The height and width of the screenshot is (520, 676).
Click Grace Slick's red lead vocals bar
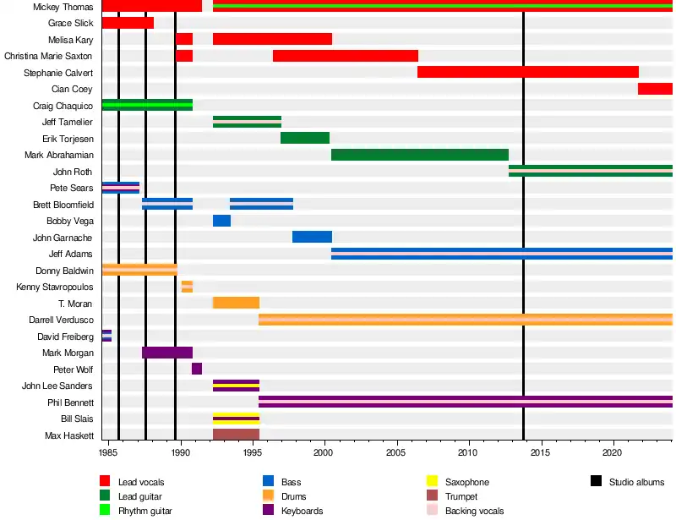pos(128,23)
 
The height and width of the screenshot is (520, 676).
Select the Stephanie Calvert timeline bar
pos(528,72)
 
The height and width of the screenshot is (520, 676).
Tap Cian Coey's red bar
pos(655,89)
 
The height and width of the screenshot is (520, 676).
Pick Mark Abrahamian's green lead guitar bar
pos(420,155)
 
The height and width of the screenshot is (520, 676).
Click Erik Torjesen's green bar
pos(305,138)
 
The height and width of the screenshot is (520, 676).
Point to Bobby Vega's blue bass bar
pos(221,221)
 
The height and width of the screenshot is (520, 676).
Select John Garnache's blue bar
pos(312,237)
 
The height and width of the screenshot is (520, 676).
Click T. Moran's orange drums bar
pos(236,303)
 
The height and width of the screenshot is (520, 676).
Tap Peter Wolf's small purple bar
pos(197,369)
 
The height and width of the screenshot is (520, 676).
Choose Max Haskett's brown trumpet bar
pos(236,435)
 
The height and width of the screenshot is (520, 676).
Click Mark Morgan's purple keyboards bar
pos(167,353)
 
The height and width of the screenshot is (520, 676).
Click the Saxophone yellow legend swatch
pos(432,482)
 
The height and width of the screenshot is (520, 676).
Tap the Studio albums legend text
pos(636,482)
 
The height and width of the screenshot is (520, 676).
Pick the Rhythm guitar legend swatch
pos(106,511)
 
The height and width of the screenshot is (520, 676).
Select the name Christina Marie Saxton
pos(48,56)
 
